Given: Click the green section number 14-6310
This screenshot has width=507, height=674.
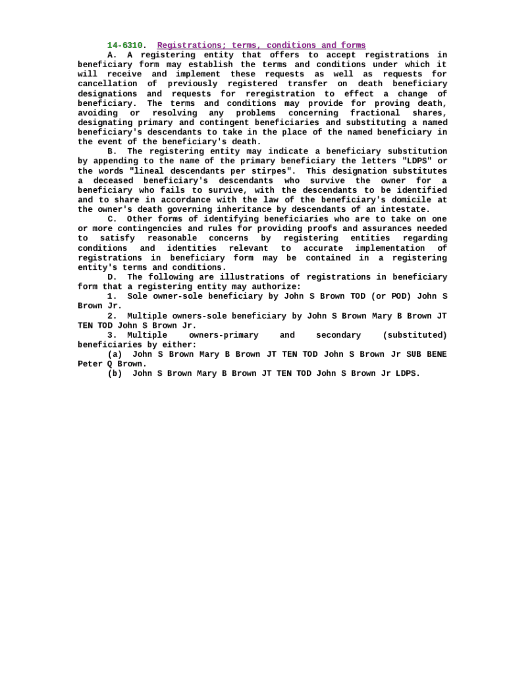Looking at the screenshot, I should pyautogui.click(x=124, y=45).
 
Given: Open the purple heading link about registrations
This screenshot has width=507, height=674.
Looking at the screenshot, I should pyautogui.click(x=261, y=45).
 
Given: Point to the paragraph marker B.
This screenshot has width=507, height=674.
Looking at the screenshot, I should pyautogui.click(x=112, y=151).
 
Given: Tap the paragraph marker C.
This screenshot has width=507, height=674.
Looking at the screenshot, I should pyautogui.click(x=112, y=219).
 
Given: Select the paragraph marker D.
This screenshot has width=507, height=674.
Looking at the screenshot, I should pyautogui.click(x=112, y=277).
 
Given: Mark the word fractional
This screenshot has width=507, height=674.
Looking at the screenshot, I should pyautogui.click(x=375, y=113).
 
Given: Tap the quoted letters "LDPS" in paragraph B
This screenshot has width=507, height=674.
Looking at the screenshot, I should pyautogui.click(x=416, y=161).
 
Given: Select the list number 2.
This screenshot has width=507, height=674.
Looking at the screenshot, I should pyautogui.click(x=112, y=316).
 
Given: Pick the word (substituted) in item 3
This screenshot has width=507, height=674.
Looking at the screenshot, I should pyautogui.click(x=415, y=335).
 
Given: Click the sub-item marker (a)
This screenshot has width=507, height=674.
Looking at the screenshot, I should pyautogui.click(x=115, y=354).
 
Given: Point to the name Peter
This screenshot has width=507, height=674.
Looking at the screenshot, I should pyautogui.click(x=90, y=364).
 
